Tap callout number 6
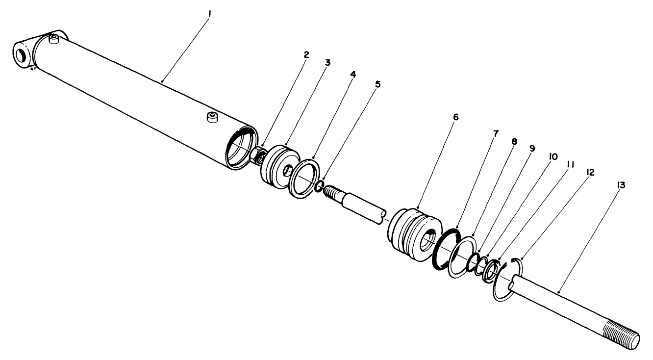coord(455,118)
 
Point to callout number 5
coord(377,84)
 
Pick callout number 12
coord(590,172)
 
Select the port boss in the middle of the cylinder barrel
coord(212,117)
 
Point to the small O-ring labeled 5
coord(318,186)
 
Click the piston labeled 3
coord(277,167)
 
